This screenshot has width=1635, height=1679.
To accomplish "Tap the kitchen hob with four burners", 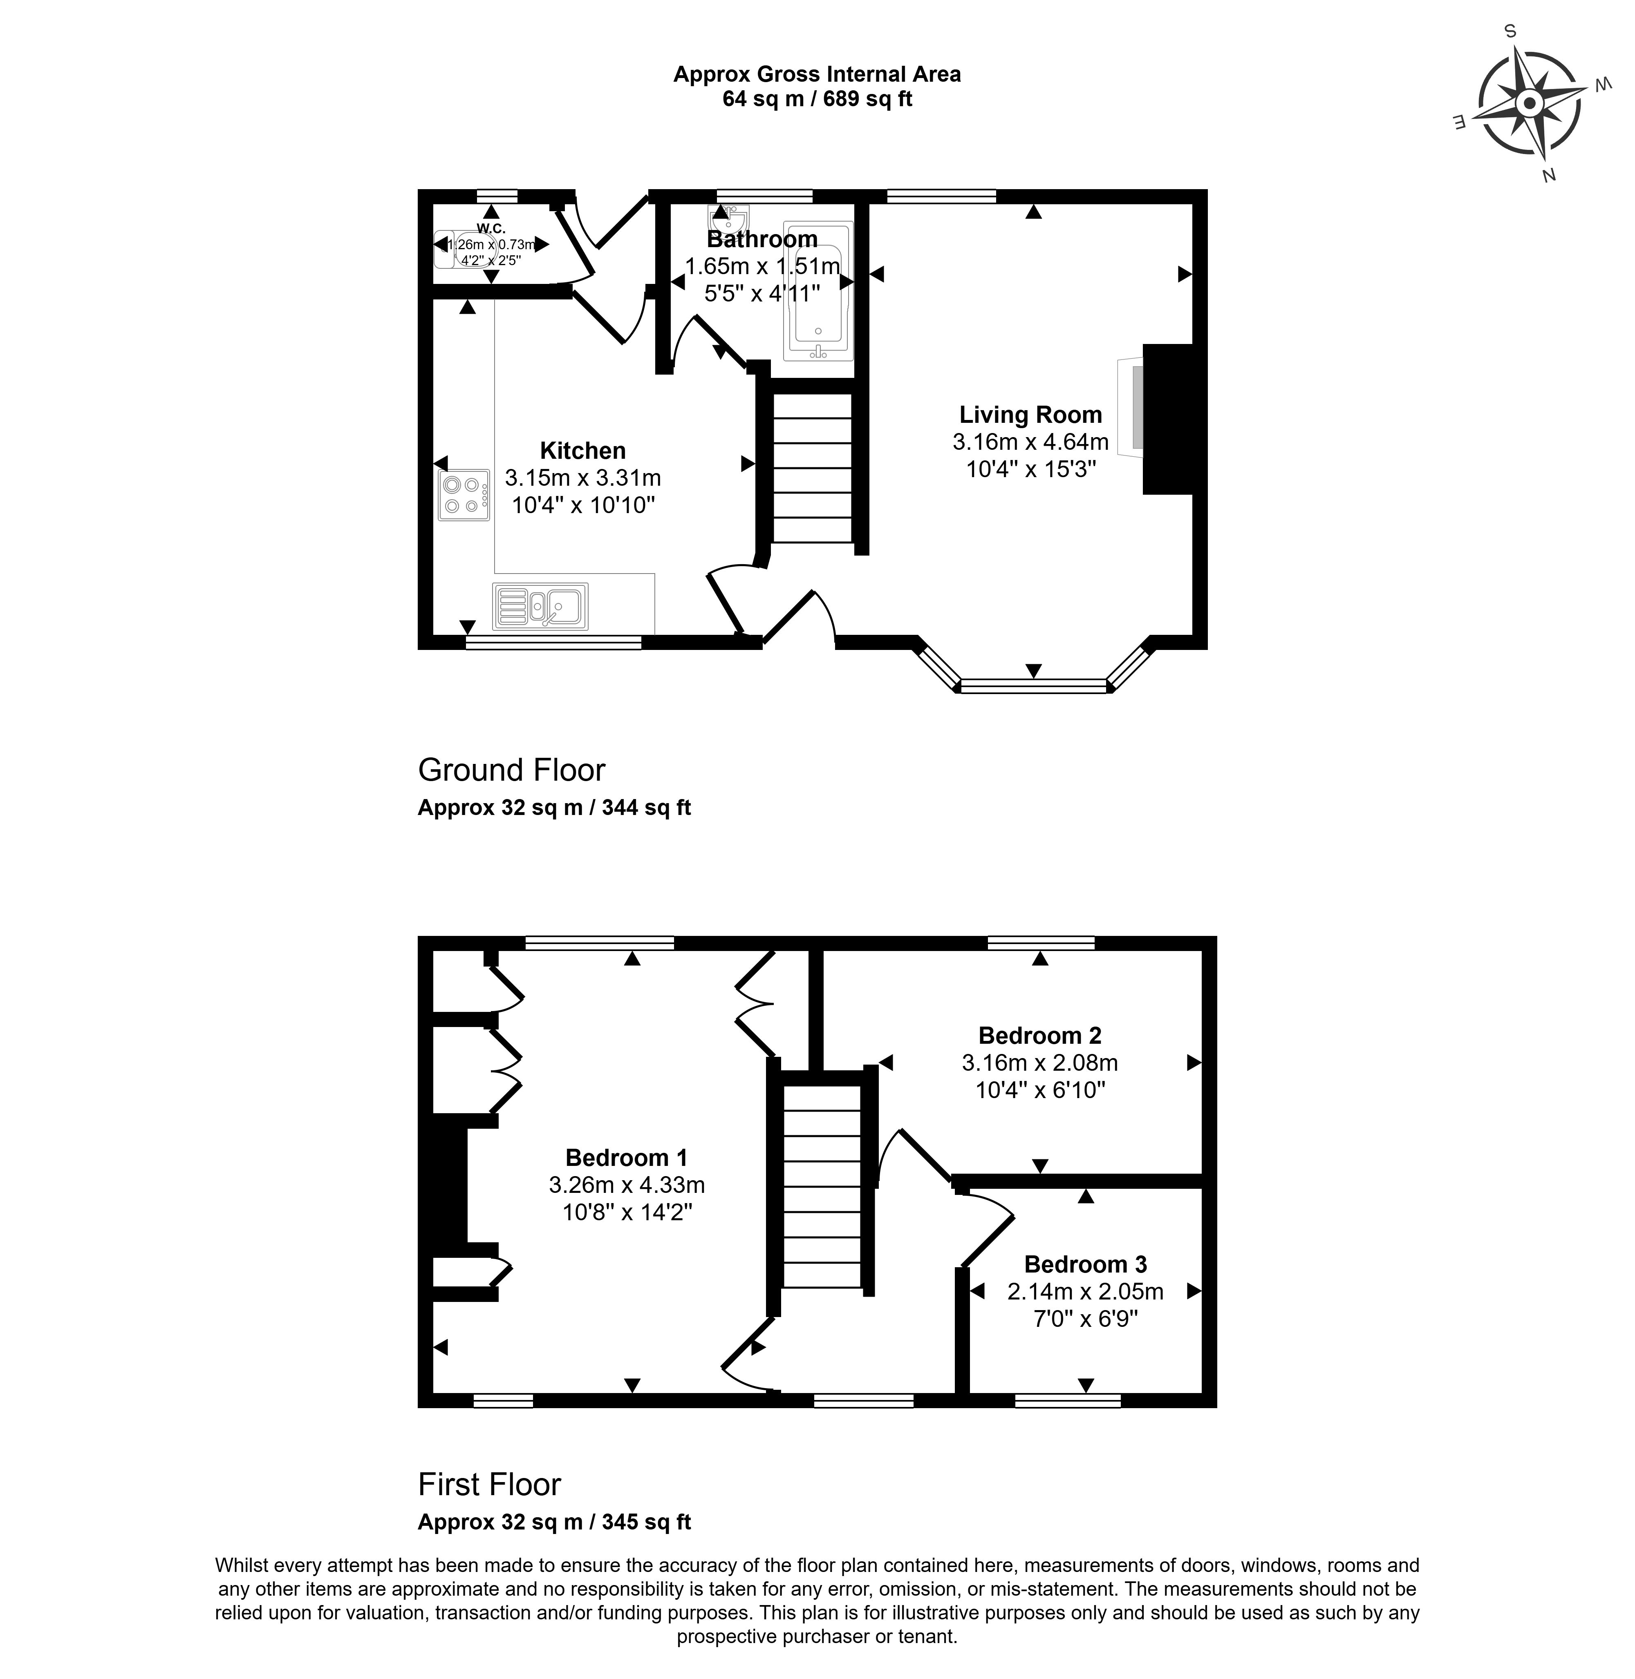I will pos(464,495).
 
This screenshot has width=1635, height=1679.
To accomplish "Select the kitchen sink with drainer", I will pos(540,606).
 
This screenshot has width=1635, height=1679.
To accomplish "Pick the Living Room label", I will pos(1030,415).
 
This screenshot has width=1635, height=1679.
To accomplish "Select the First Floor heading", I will pos(489,1484).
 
